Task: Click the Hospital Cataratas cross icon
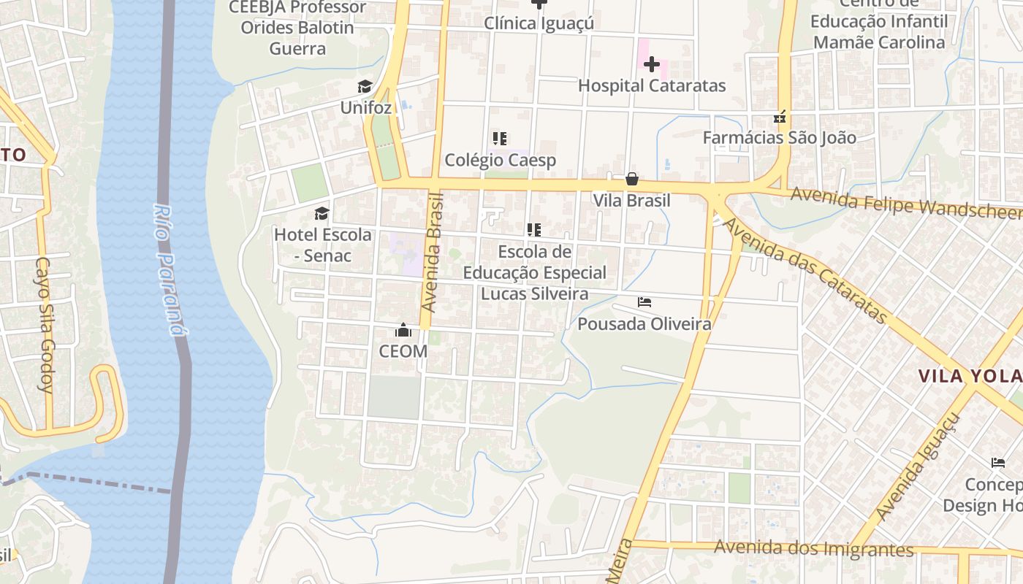[x=651, y=64]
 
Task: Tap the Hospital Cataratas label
[x=652, y=85]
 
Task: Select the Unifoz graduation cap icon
[x=365, y=87]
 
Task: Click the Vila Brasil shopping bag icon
[x=631, y=179]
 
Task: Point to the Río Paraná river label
[x=167, y=269]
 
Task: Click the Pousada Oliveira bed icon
[x=644, y=301]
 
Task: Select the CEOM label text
[x=403, y=351]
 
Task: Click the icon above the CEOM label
[x=403, y=330]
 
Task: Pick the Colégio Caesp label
[x=501, y=160]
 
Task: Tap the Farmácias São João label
[x=780, y=137]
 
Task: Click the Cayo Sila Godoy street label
[x=45, y=324]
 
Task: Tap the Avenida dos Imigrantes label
[x=813, y=548]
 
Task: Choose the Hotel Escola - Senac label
[x=322, y=245]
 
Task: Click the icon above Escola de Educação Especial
[x=534, y=231]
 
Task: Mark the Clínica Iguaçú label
[x=539, y=23]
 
